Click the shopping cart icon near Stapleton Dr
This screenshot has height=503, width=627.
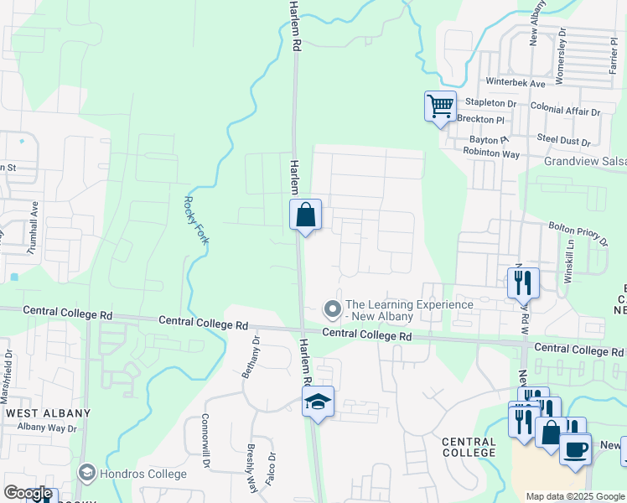[440, 107]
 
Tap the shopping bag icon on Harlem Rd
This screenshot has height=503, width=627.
[305, 215]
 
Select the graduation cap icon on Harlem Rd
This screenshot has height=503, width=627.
[318, 402]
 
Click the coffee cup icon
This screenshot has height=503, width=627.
[575, 449]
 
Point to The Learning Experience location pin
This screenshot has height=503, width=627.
[333, 310]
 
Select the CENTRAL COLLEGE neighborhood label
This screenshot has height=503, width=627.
[469, 447]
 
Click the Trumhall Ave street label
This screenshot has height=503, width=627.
[34, 226]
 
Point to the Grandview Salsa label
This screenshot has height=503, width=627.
[585, 161]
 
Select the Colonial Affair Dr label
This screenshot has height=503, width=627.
[565, 111]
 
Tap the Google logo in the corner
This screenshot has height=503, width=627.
[28, 494]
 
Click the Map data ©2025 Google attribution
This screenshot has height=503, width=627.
[574, 496]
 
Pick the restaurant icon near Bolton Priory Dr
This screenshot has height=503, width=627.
[524, 283]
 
